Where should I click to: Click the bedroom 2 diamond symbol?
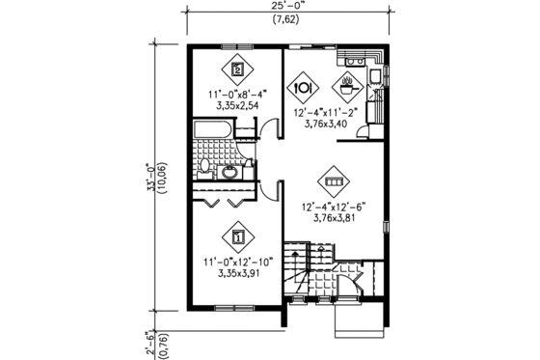pyautogui.click(x=236, y=69)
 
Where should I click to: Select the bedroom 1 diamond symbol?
pyautogui.click(x=236, y=235)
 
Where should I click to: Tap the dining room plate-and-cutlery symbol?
pyautogui.click(x=303, y=86)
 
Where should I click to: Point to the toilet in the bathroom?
pyautogui.click(x=205, y=172)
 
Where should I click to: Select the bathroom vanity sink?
pyautogui.click(x=231, y=173)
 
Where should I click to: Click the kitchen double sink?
pyautogui.click(x=355, y=62)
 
